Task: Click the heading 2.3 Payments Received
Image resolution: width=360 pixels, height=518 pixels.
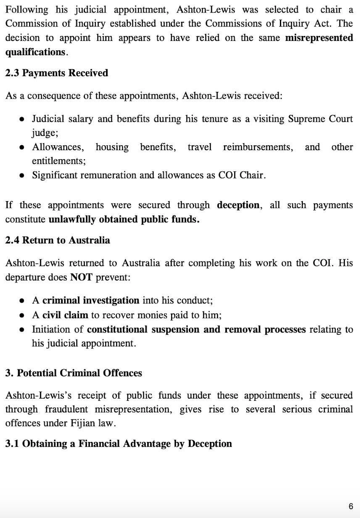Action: click(57, 73)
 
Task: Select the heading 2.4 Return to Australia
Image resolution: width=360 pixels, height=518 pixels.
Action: click(57, 240)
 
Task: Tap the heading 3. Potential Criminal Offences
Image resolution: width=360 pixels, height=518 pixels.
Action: click(74, 373)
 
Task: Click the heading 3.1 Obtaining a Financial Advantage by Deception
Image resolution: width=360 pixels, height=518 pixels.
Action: click(119, 444)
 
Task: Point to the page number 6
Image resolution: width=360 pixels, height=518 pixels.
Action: click(351, 506)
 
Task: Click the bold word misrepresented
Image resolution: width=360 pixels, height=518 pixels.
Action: click(319, 38)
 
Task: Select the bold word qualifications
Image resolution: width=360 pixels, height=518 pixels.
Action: click(35, 52)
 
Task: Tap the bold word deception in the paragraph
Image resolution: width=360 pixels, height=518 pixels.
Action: click(238, 205)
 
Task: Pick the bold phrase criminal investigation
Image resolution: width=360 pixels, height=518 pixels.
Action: click(91, 301)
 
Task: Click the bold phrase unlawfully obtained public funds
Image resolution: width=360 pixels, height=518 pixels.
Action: click(124, 220)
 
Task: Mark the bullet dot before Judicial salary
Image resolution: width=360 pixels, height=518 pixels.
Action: click(23, 119)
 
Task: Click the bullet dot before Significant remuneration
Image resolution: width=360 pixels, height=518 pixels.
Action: click(23, 176)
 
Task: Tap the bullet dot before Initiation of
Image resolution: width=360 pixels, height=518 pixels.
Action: click(23, 329)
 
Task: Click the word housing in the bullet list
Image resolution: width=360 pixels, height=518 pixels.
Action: click(112, 147)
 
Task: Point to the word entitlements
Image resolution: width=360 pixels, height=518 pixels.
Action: click(58, 161)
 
